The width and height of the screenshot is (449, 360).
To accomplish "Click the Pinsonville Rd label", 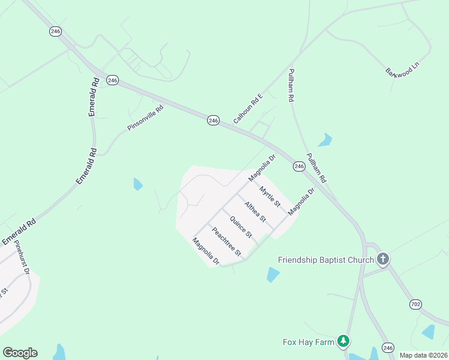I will (145, 118).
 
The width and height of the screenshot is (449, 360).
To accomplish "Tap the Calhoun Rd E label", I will (248, 108).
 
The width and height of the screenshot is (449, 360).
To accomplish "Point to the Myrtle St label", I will (270, 197).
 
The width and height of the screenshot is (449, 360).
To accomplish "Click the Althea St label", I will (255, 212).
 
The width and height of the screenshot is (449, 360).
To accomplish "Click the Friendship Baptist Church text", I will (325, 260).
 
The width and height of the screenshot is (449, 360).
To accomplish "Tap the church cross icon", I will (383, 259).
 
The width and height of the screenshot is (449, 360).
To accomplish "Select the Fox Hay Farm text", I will (308, 342).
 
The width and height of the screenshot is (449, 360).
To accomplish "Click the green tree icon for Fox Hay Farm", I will (343, 341).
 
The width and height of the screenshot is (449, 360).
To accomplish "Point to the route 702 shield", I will (415, 305).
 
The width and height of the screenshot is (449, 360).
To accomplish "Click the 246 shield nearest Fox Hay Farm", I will (388, 347).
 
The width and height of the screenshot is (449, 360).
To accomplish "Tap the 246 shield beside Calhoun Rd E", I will (213, 121).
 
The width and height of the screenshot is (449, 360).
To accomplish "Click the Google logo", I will (20, 353).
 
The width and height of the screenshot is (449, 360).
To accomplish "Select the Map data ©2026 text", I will (424, 355).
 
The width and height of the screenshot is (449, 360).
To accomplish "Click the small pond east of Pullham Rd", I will (325, 140).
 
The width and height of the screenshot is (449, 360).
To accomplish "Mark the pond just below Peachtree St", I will (273, 275).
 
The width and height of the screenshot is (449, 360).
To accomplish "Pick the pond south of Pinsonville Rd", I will (138, 184).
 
